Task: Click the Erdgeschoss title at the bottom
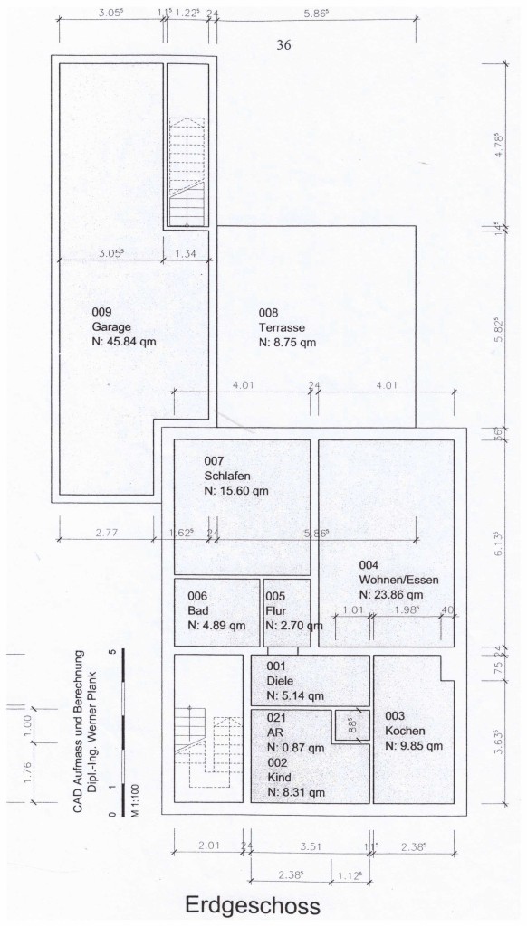pos(253,904)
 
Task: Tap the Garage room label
pos(111,326)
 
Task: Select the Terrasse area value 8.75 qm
pos(287,342)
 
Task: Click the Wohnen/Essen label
pos(398,580)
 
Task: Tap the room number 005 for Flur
pos(275,597)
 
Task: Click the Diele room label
pos(280,681)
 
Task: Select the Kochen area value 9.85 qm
pos(414,746)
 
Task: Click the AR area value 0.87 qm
pos(296,748)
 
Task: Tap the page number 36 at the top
pos(283,45)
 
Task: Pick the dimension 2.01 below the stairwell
pos(209,846)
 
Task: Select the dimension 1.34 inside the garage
pos(185,254)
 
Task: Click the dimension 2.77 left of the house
pos(107,532)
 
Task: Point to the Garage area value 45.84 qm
pos(124,341)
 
